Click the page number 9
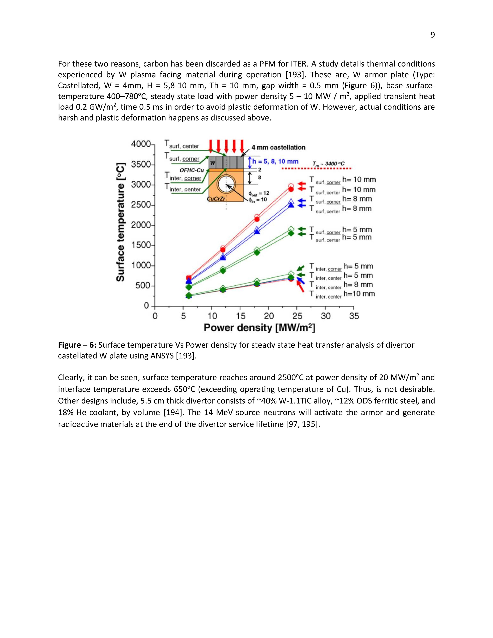tap(432, 35)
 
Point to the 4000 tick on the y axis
tap(141, 144)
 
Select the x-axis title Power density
tap(259, 328)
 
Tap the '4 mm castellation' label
tap(278, 148)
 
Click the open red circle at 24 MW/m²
tap(291, 186)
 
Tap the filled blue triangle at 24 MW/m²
tap(291, 205)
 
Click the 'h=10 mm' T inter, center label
tap(359, 294)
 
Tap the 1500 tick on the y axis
tap(141, 245)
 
